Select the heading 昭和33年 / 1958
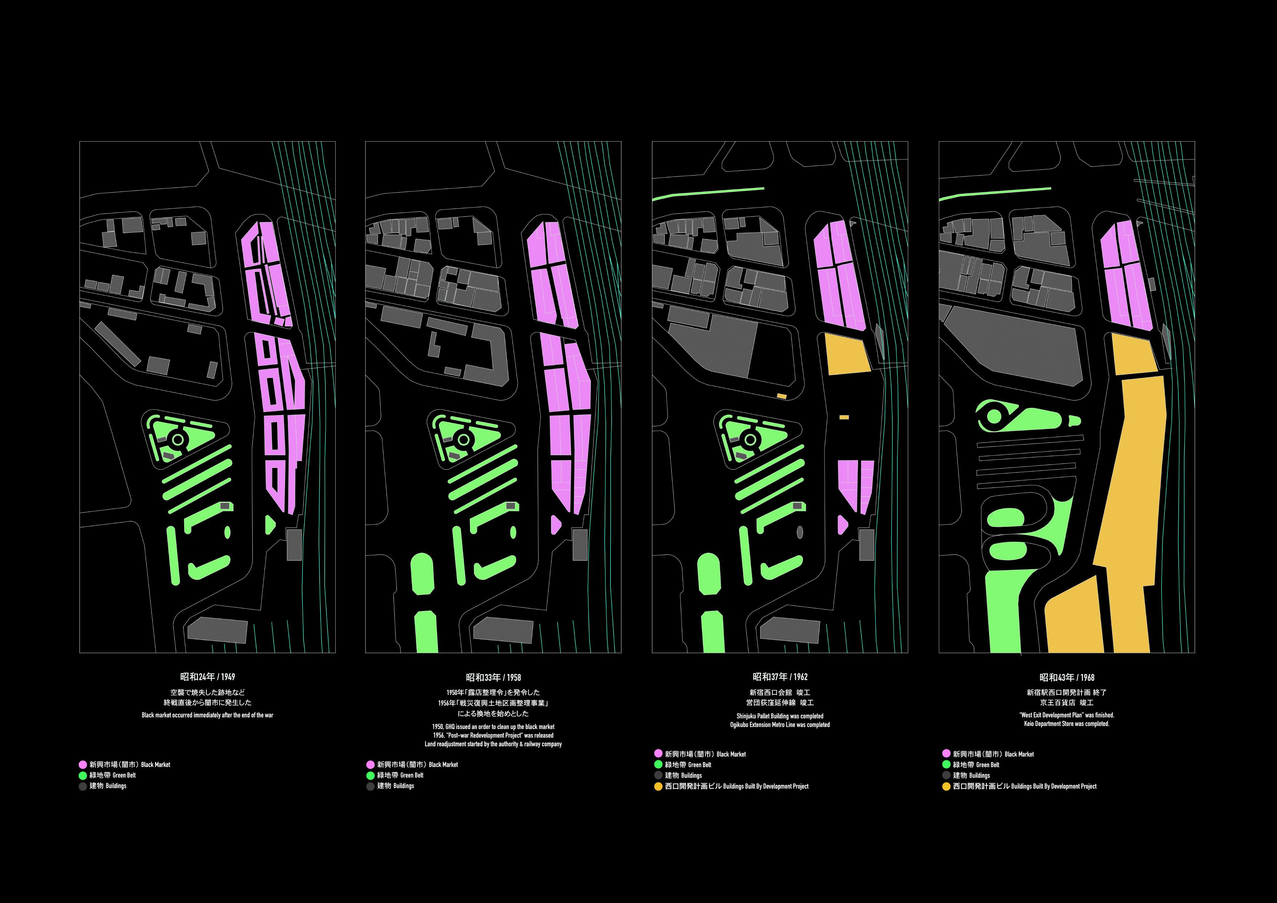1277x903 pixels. (x=493, y=677)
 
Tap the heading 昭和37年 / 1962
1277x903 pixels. (x=780, y=677)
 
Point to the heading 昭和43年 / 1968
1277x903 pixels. (x=1067, y=677)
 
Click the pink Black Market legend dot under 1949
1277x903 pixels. (x=83, y=765)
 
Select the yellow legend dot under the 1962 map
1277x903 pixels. (x=658, y=786)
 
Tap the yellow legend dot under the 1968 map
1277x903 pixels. (x=945, y=786)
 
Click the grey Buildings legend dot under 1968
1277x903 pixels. (x=945, y=775)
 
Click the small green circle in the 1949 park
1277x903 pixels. (x=178, y=439)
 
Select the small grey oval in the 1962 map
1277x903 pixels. (x=800, y=532)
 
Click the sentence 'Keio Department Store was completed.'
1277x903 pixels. (x=1067, y=724)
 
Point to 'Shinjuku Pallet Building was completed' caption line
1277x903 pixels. (x=780, y=716)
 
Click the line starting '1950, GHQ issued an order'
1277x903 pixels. (x=493, y=727)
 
